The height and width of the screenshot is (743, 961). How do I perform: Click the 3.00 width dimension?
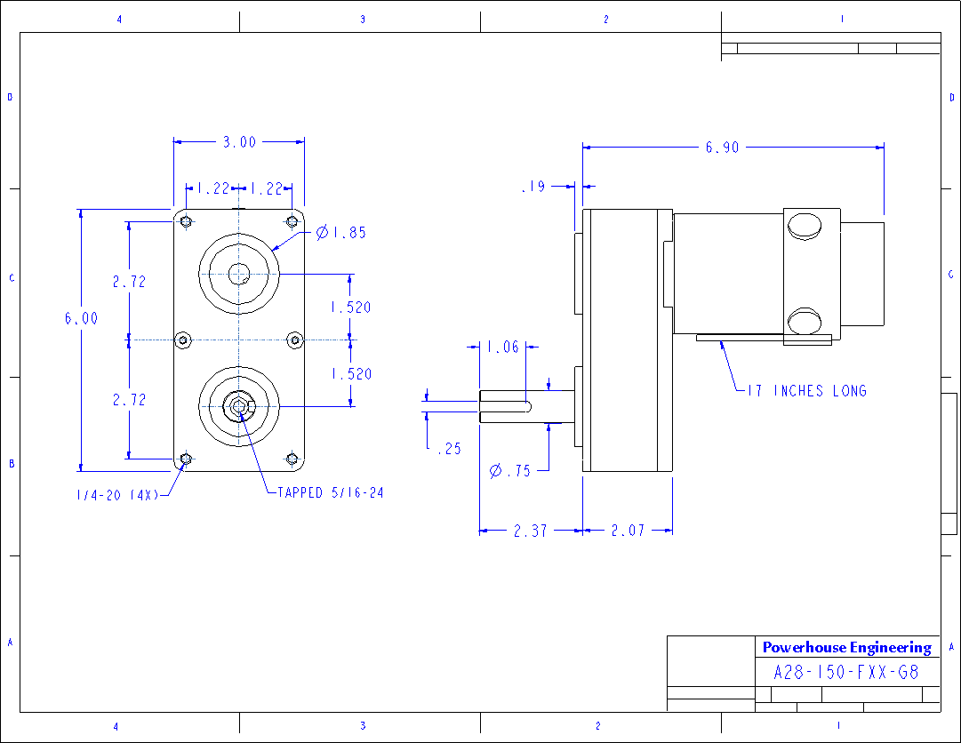[239, 141]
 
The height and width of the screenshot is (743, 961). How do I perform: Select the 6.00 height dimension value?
[81, 318]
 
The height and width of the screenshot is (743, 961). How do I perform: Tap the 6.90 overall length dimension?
[722, 148]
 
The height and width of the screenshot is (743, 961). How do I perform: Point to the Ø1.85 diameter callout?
[341, 233]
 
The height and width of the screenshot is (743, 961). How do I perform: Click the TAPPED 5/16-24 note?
[330, 492]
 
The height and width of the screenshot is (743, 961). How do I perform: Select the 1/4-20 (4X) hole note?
[116, 495]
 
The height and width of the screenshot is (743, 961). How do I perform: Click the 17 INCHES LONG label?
[806, 391]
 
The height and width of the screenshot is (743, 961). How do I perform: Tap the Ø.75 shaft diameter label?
[510, 471]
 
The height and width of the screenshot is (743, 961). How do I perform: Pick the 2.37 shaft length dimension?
[530, 531]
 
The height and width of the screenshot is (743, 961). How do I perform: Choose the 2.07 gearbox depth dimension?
[627, 531]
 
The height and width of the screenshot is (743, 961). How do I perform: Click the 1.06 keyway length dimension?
[503, 348]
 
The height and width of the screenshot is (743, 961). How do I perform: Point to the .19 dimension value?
[533, 187]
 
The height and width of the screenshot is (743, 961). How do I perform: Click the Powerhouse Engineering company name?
[846, 648]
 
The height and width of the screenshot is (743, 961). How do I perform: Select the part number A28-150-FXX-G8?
[846, 673]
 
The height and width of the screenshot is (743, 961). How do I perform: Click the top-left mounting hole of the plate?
[185, 221]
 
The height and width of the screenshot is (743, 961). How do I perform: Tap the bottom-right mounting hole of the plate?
[292, 459]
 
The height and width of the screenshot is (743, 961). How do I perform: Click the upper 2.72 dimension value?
[129, 282]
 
